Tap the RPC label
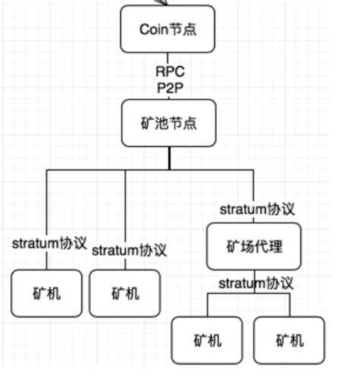(169, 71)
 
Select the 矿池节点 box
(169, 123)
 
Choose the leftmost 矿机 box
(47, 293)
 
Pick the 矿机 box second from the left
(125, 293)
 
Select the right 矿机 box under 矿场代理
(289, 340)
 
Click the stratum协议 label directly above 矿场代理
(257, 208)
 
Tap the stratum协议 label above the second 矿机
(129, 250)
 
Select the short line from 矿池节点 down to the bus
(169, 158)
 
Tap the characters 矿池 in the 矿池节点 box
(156, 123)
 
